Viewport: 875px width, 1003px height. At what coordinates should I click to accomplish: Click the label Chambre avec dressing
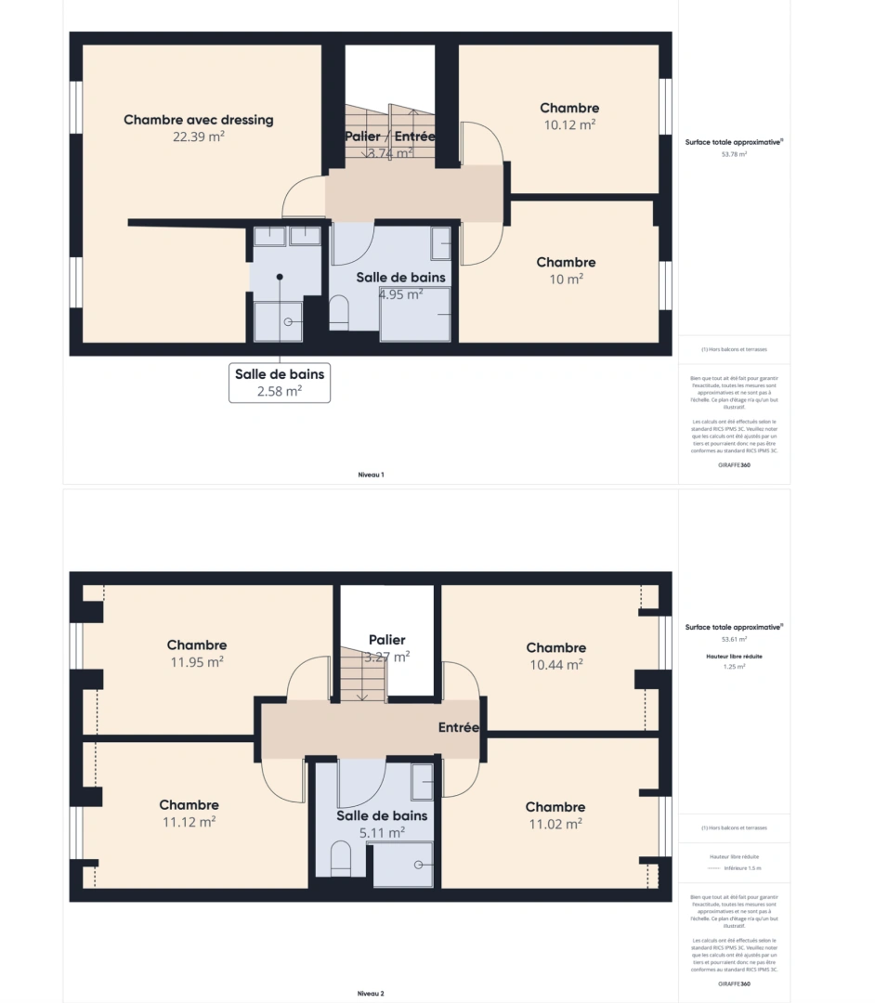tap(198, 120)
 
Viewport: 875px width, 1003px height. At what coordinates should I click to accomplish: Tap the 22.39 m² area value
tap(198, 137)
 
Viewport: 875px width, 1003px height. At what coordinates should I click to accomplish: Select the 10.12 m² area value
tap(568, 124)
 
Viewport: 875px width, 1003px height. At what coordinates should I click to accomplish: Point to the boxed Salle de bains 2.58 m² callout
tap(280, 383)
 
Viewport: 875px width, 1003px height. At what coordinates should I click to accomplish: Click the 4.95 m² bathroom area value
tap(400, 294)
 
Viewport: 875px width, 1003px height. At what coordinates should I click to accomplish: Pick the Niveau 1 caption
tap(371, 475)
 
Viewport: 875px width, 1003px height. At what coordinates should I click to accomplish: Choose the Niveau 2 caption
tap(371, 993)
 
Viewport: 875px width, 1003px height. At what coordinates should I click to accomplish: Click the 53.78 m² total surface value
tap(734, 155)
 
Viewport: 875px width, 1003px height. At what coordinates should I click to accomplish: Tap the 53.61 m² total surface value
tap(734, 640)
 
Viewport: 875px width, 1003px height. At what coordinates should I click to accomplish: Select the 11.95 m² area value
tap(197, 662)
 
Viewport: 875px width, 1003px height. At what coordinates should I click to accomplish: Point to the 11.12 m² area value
tap(189, 822)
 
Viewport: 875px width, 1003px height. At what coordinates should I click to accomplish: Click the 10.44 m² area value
tap(555, 664)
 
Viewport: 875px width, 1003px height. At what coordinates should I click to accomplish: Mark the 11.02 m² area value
tap(555, 824)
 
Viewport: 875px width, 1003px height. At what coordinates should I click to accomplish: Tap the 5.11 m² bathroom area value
tap(382, 833)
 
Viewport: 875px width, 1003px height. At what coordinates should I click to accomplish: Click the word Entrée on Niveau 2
tap(458, 728)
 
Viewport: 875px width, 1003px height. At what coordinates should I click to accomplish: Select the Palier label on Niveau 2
tap(386, 640)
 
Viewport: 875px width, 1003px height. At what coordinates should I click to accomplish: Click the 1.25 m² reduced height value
tap(734, 667)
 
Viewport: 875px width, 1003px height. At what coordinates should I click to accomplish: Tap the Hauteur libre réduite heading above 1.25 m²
tap(734, 656)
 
